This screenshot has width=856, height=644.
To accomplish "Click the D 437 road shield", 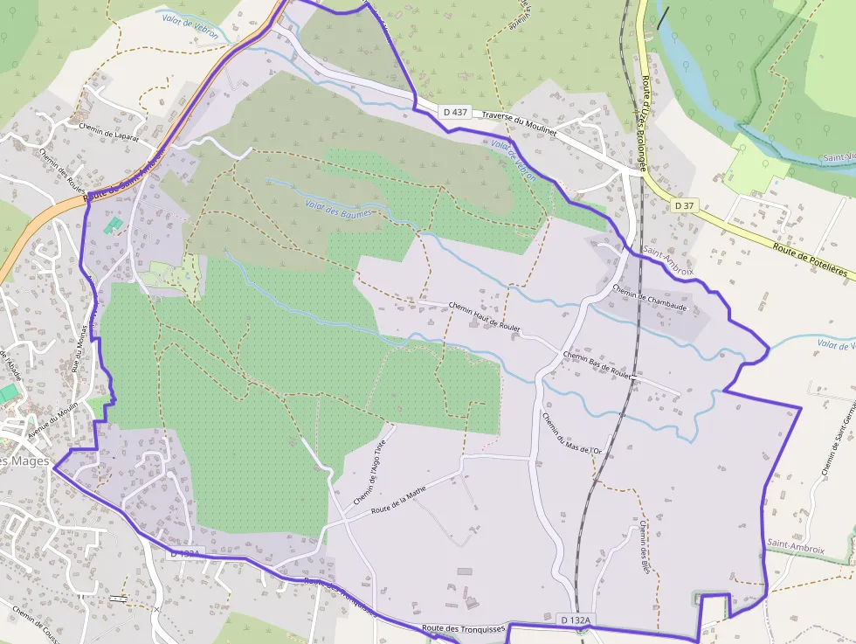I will [455, 112].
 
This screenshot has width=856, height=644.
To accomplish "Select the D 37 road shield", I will [685, 205].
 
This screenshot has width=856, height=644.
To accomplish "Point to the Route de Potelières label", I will [810, 260].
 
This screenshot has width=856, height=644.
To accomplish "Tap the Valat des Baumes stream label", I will [338, 208].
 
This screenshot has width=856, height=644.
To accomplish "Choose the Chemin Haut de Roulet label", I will [484, 315].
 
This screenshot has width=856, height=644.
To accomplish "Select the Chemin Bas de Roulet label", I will [597, 363].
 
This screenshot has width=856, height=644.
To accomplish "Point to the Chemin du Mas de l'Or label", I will [572, 433].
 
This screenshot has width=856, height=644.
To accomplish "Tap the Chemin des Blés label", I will [645, 546].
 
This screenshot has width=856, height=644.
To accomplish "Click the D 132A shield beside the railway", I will [576, 620].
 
